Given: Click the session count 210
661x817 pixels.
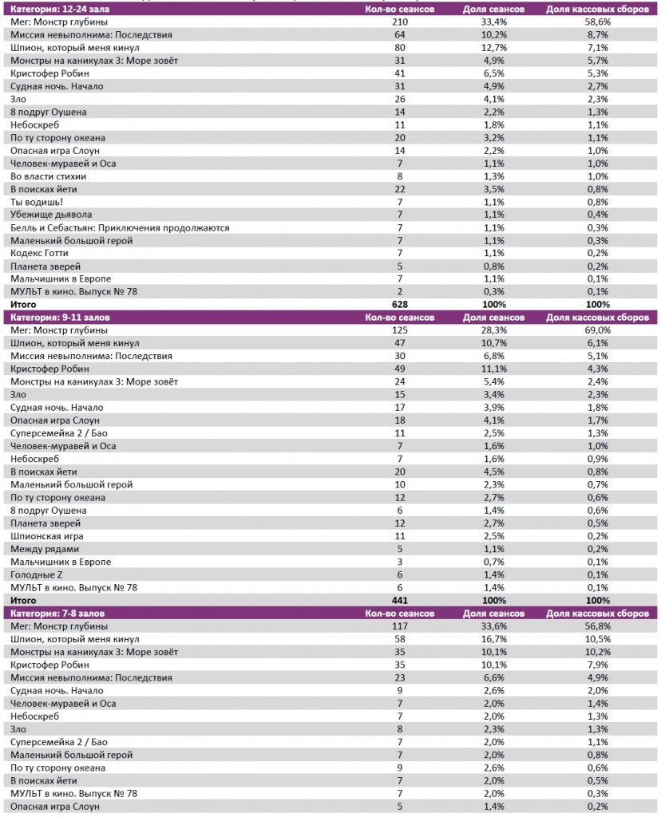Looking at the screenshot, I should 399,22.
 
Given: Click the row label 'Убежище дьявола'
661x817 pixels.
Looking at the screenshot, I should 51,215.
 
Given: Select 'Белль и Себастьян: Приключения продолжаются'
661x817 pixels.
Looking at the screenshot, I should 120,227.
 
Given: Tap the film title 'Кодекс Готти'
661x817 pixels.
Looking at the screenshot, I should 40,253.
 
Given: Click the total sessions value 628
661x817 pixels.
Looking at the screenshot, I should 399,305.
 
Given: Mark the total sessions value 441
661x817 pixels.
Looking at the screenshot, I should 399,600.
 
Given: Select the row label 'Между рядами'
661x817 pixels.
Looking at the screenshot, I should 45,549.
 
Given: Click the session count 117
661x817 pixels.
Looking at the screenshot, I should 399,626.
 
